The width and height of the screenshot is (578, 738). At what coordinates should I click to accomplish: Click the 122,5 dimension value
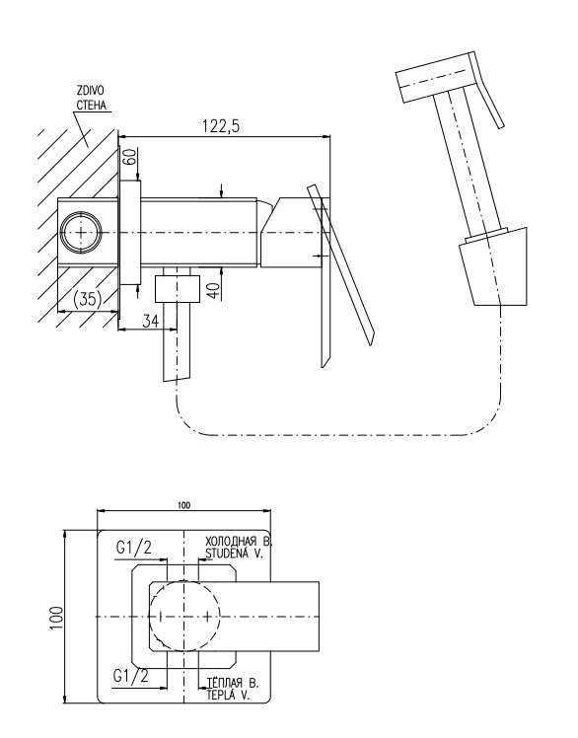[221, 126]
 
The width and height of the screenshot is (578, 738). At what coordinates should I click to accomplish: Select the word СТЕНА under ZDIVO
[91, 106]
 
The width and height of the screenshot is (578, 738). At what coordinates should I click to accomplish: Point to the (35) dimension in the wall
[88, 299]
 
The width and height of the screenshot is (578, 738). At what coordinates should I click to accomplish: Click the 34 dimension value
[150, 321]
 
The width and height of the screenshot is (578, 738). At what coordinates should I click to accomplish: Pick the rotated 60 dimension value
[130, 156]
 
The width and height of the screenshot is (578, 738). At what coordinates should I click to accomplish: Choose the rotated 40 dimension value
[214, 289]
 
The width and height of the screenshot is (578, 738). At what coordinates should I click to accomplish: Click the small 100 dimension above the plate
[184, 505]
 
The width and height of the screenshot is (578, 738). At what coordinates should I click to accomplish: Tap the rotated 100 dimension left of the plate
[56, 617]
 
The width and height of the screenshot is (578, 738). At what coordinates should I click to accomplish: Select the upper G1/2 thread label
[134, 548]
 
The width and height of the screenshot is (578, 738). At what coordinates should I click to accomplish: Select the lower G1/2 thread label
[131, 677]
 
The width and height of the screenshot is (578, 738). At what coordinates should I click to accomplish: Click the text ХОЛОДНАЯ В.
[239, 540]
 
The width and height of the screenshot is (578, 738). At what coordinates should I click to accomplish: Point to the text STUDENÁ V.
[234, 553]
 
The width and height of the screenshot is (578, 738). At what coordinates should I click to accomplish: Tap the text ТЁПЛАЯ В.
[233, 683]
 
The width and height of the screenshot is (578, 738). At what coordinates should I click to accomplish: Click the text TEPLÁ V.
[228, 696]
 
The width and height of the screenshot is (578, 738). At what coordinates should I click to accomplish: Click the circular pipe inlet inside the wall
[81, 233]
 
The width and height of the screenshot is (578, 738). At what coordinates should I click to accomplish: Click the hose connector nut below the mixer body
[178, 288]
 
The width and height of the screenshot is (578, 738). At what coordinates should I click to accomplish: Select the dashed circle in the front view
[184, 616]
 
